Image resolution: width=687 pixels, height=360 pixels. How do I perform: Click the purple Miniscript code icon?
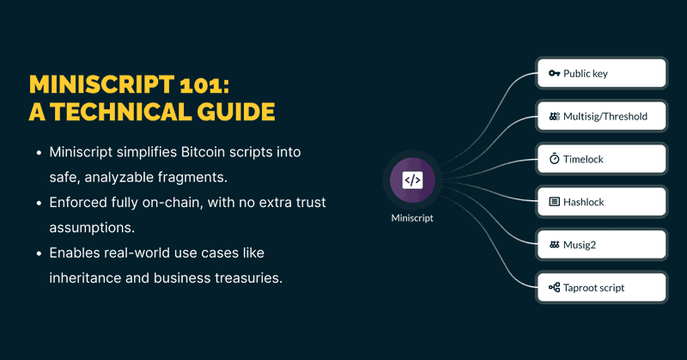(x=412, y=180)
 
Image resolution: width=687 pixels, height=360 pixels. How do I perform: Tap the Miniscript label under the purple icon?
(x=412, y=218)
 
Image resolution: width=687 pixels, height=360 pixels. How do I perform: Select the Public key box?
(x=601, y=74)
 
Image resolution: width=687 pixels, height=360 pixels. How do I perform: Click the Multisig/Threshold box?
(x=601, y=117)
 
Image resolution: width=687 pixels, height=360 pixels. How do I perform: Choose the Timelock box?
(x=601, y=159)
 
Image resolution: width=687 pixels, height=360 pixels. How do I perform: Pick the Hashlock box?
(x=601, y=202)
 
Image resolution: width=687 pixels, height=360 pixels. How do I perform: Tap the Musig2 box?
(x=601, y=245)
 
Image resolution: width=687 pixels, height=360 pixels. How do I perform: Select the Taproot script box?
(x=601, y=288)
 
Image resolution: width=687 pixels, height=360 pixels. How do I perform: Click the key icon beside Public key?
(x=554, y=74)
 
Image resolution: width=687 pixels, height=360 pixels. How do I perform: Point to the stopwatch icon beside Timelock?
(x=554, y=159)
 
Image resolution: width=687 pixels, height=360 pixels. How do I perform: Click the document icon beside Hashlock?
(x=554, y=202)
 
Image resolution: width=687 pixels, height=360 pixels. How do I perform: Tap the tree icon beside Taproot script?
(x=554, y=288)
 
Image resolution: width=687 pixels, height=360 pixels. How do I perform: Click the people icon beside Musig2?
(x=554, y=245)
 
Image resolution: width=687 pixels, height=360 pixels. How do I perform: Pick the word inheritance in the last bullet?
(x=88, y=279)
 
